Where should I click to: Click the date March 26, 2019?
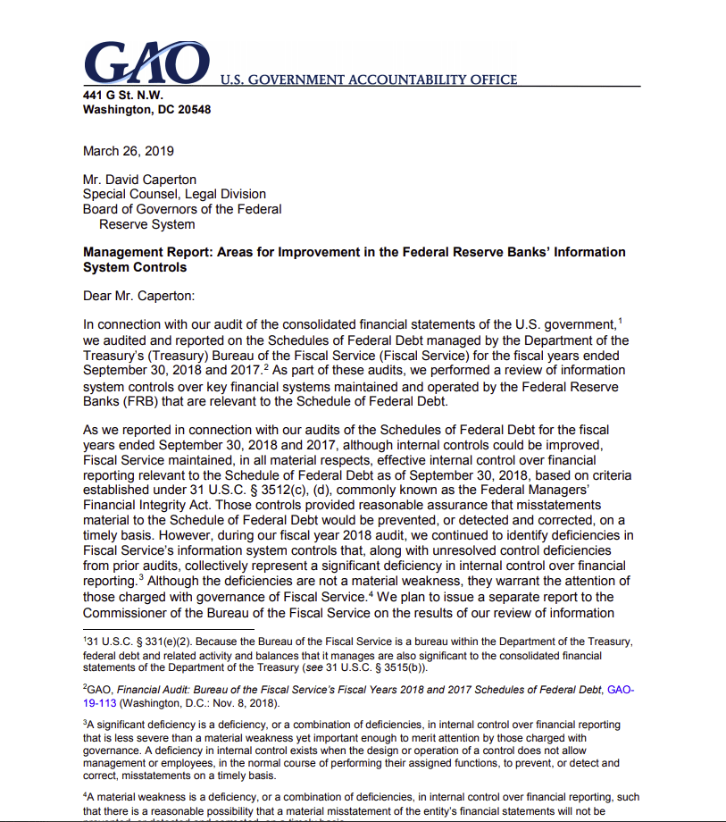(128, 151)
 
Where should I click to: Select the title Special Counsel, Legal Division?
(174, 193)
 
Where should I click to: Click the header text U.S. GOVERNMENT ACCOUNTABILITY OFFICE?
(368, 80)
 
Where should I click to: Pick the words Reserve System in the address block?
(147, 224)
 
